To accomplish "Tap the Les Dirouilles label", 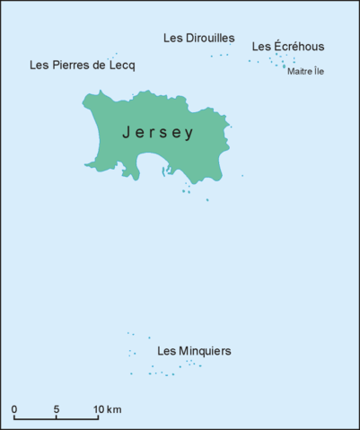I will tap(199, 39).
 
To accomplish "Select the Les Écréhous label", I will tap(287, 47).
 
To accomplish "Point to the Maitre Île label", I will tap(305, 72).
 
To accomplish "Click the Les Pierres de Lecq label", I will tap(83, 66).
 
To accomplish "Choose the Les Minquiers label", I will tap(194, 350).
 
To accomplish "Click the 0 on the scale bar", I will tap(14, 410).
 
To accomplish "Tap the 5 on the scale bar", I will tap(57, 410).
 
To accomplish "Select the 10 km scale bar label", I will tap(107, 410).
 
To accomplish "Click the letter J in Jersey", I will tap(127, 133).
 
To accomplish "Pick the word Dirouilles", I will tap(210, 39).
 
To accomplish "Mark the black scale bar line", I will tap(57, 419).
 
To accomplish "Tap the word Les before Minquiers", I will tap(166, 350).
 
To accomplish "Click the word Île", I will tap(318, 72).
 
